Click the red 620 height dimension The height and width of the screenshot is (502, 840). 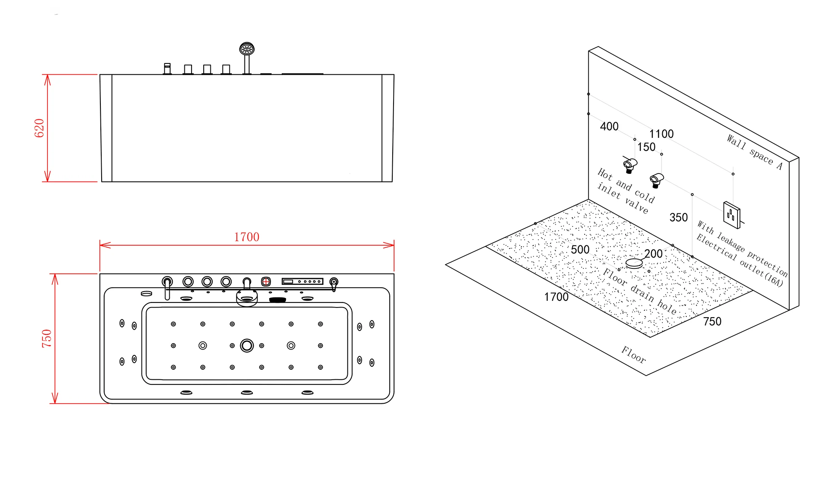(39, 128)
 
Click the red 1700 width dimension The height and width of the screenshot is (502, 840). (247, 237)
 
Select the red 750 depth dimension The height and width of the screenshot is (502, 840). (47, 339)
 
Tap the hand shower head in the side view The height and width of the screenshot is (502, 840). (247, 49)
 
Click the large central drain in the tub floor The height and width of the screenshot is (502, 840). (247, 346)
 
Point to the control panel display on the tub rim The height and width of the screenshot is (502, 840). (302, 281)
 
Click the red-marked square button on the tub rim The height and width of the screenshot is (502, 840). (266, 281)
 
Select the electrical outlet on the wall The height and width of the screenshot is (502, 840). (732, 215)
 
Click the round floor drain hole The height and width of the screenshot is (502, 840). (634, 263)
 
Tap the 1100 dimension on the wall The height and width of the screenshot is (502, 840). (661, 134)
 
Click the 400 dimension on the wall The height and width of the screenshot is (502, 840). (609, 126)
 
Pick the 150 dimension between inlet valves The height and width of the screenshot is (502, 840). (646, 147)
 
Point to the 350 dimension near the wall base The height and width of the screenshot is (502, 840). (679, 218)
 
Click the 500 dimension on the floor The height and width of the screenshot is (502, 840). (580, 250)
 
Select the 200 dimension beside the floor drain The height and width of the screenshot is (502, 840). (654, 254)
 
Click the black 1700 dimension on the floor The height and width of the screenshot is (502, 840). (556, 297)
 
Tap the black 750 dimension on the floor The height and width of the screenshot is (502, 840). (712, 321)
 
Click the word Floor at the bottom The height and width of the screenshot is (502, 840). (634, 355)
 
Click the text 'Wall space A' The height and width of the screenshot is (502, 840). (755, 152)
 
